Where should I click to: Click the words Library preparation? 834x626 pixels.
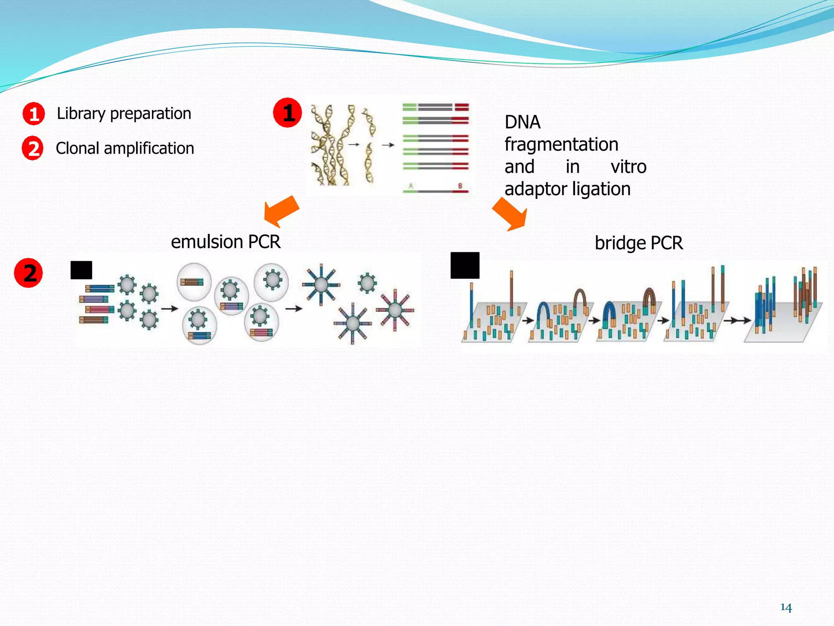tap(124, 114)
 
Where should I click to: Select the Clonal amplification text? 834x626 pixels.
tap(125, 148)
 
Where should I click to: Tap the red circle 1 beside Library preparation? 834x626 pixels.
tap(34, 113)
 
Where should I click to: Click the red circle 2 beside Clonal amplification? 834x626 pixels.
tap(33, 148)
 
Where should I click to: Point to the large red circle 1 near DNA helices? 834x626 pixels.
tap(288, 112)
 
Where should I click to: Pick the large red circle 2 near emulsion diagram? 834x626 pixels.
tap(29, 273)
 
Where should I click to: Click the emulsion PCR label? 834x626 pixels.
tap(226, 242)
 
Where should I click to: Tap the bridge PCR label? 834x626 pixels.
tap(639, 243)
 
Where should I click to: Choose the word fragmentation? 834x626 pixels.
tap(562, 145)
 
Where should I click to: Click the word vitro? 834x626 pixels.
tap(628, 167)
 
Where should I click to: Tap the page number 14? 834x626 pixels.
tap(786, 608)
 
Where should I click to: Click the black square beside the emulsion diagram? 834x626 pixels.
tap(81, 270)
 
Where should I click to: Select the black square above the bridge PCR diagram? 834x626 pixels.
tap(465, 265)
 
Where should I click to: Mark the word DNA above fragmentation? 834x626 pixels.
tap(522, 122)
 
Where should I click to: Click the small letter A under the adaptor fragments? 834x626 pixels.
tap(411, 186)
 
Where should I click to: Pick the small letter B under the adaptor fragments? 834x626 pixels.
tap(460, 186)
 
